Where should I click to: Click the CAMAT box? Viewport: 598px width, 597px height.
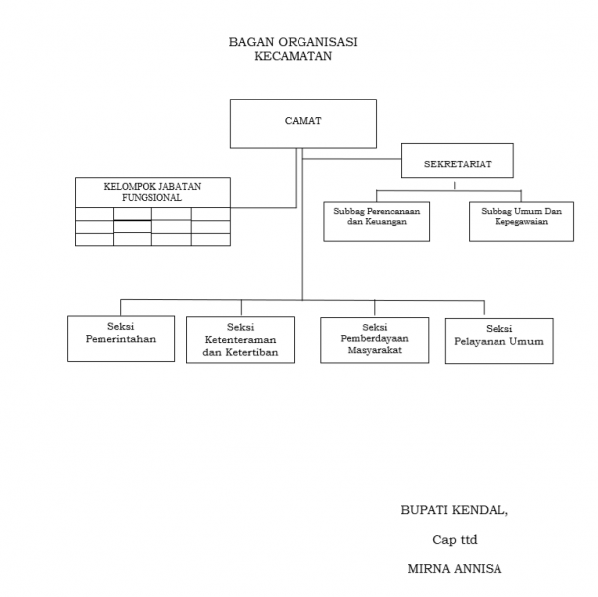(302, 123)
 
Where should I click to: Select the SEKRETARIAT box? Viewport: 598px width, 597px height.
(457, 160)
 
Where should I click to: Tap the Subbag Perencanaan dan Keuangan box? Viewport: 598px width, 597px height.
(376, 220)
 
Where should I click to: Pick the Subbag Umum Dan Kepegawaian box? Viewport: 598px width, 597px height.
(521, 220)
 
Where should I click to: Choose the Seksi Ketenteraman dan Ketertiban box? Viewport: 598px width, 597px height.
(240, 339)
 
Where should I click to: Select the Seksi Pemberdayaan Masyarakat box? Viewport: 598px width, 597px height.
(374, 340)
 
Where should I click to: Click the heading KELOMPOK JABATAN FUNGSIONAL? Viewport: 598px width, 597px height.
(152, 191)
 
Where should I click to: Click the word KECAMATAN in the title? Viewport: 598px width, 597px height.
(293, 57)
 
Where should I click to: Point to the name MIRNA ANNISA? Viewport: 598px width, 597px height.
(454, 571)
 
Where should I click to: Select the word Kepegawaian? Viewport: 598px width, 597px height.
(521, 226)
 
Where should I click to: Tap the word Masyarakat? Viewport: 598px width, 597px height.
(374, 352)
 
